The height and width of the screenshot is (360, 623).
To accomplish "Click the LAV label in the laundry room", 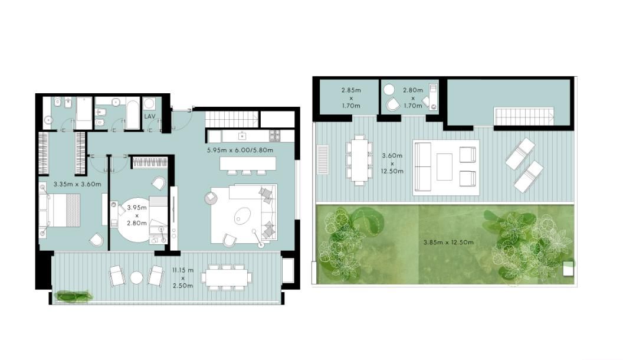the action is (150, 116).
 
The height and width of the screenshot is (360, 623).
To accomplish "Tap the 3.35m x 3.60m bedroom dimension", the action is (77, 184).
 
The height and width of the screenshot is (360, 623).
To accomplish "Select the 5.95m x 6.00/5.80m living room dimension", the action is (240, 150).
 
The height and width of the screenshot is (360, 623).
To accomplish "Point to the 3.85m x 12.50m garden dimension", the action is (448, 242).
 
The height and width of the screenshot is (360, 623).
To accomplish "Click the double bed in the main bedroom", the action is (60, 210).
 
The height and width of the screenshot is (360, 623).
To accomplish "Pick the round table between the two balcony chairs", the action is (136, 277).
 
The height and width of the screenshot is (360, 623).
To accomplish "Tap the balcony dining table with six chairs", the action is (227, 277).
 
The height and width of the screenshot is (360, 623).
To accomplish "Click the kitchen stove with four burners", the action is (274, 136).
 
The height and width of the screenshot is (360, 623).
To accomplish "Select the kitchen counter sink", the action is (241, 136).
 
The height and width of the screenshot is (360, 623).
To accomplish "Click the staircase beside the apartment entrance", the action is (232, 119).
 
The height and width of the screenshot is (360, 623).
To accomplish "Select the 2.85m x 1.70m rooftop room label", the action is (351, 98).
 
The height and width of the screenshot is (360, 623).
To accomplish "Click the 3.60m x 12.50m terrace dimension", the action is (392, 163).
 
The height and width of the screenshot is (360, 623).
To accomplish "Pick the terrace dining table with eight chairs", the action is (359, 161).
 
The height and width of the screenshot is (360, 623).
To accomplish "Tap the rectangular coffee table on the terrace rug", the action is (444, 167).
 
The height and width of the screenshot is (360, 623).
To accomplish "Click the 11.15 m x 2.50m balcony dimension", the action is (183, 278).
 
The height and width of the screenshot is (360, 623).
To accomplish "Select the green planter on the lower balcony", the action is (74, 296).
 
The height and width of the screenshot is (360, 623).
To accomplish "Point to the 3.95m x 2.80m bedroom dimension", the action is (137, 215).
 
